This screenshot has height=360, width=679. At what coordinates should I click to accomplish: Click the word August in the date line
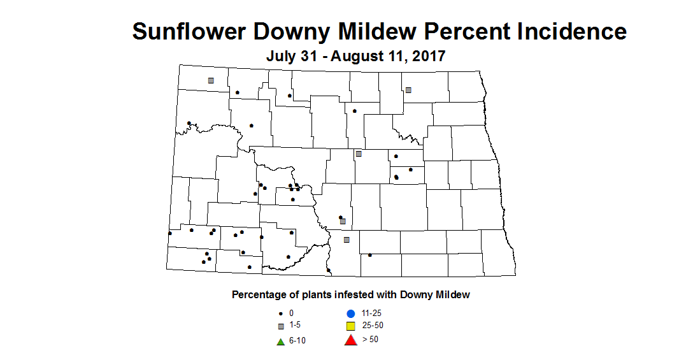(x=366, y=56)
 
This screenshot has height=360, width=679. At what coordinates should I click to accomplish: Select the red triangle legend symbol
(x=350, y=340)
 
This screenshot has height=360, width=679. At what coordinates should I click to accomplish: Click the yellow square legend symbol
(x=350, y=326)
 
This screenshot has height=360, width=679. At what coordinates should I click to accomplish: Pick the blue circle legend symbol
(x=350, y=313)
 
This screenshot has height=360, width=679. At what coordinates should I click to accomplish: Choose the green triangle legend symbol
(x=280, y=341)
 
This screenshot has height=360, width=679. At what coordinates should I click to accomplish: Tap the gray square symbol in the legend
(x=280, y=326)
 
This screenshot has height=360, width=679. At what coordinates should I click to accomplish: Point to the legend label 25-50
(x=373, y=326)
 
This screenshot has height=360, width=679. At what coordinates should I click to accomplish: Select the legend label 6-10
(x=297, y=341)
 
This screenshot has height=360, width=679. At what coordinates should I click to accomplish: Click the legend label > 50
(x=370, y=339)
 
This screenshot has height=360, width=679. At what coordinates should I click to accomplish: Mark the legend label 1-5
(x=294, y=326)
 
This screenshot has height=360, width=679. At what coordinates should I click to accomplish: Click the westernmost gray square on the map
(x=210, y=80)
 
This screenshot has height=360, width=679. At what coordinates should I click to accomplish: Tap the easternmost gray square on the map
(x=408, y=90)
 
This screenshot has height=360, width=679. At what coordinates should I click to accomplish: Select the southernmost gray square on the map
(x=347, y=240)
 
